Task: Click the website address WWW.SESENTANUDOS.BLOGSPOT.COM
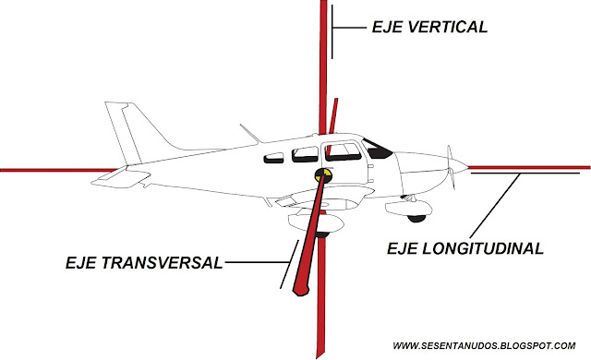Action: tap(490, 346)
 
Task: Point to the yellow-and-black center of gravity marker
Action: tap(324, 173)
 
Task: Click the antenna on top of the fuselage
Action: tap(248, 134)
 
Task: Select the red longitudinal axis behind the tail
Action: tap(46, 170)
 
